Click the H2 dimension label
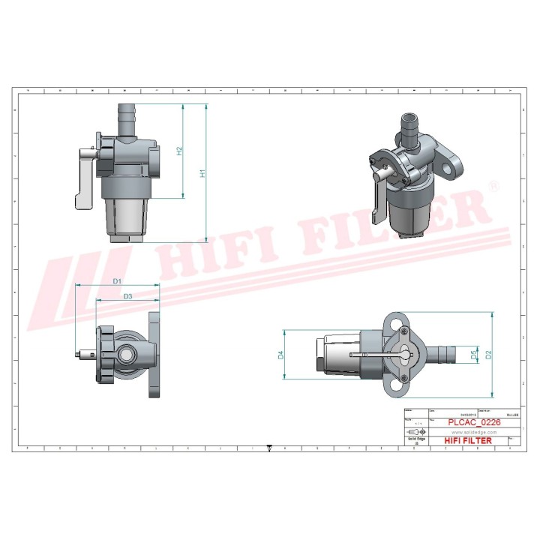click(x=178, y=151)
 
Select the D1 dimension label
click(x=117, y=280)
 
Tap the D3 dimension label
click(x=127, y=297)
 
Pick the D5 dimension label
click(x=472, y=354)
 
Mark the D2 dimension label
click(x=488, y=355)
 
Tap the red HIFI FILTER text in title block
click(x=469, y=441)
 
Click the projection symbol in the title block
click(x=413, y=433)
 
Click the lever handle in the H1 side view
click(x=83, y=180)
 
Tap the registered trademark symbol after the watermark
click(x=493, y=185)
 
